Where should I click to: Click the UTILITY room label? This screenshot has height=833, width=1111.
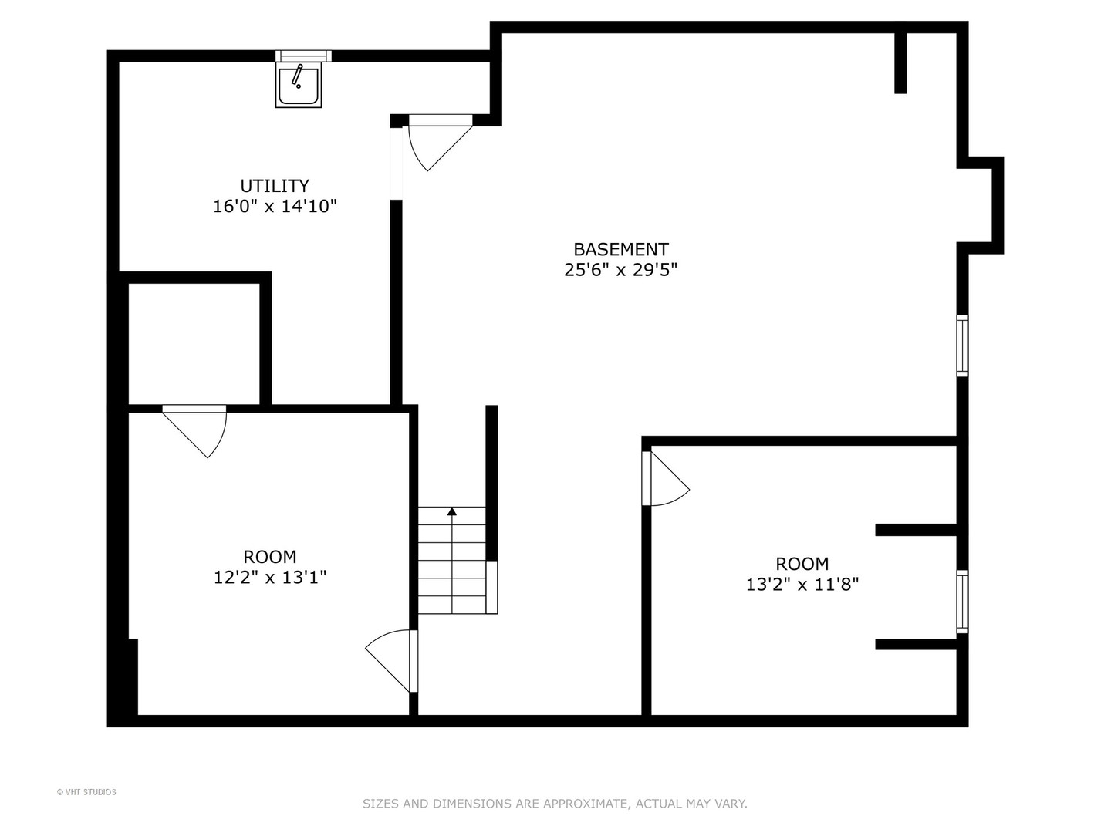click(275, 186)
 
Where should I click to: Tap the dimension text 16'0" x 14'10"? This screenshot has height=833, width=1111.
click(275, 207)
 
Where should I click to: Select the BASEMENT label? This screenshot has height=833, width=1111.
click(620, 249)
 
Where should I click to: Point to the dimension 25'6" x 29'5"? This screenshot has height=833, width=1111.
click(620, 270)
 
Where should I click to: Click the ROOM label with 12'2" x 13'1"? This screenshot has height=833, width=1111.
click(270, 556)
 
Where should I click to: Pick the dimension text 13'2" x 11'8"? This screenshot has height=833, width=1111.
click(802, 585)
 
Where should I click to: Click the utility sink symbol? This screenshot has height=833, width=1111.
click(298, 85)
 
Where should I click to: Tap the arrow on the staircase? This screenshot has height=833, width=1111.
click(452, 511)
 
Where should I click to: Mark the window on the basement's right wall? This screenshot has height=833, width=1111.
click(962, 346)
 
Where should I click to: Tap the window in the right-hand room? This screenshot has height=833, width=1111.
click(962, 602)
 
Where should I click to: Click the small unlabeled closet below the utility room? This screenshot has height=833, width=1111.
click(193, 343)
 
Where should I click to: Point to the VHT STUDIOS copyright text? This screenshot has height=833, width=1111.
click(86, 792)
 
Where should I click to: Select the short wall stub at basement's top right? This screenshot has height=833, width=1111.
click(900, 63)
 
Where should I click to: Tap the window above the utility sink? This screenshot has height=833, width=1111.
click(303, 56)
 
